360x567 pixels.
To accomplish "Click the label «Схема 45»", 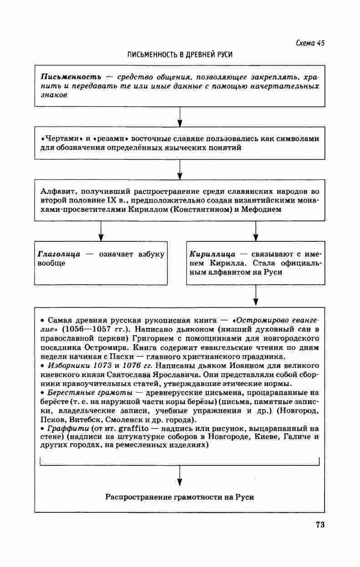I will pos(309,43).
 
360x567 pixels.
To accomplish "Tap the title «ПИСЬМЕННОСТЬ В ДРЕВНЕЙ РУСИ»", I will pos(180,55).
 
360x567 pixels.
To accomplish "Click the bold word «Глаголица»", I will pos(59,254).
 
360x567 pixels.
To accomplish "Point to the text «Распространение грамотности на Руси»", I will pos(180,497).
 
